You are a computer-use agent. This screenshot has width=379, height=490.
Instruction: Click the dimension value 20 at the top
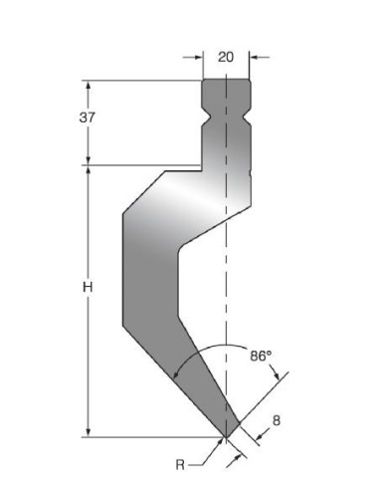point(226,57)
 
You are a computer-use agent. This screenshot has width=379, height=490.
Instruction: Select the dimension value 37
point(88,118)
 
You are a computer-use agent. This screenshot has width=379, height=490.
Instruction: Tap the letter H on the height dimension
point(88,287)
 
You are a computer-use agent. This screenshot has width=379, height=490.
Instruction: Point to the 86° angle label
point(261,357)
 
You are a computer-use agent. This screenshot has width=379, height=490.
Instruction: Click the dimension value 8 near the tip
point(277,420)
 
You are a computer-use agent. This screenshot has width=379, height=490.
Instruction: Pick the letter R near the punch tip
point(180,465)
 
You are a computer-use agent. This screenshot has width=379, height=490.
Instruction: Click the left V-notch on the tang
point(205,118)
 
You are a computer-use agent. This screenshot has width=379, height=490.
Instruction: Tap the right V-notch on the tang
point(248,118)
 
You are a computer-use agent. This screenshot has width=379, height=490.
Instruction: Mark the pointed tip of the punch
point(226,437)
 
